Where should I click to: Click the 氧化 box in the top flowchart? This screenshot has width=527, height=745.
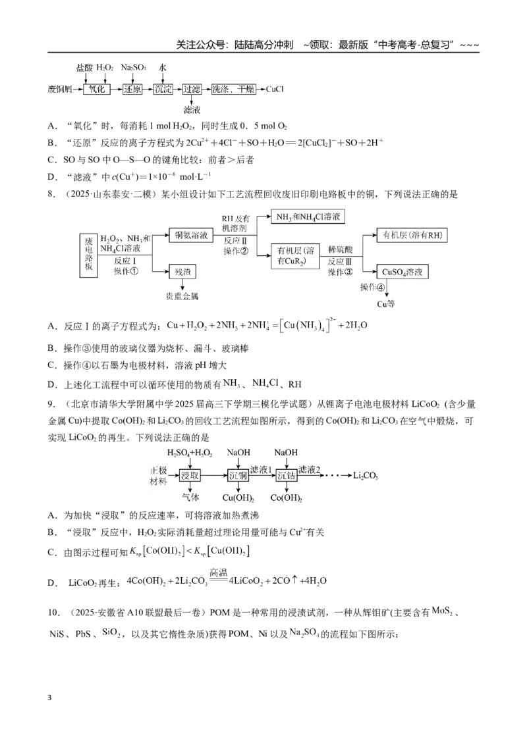(97, 89)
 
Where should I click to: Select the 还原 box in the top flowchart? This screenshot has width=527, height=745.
(132, 89)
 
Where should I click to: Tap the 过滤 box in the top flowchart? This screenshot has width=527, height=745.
(192, 89)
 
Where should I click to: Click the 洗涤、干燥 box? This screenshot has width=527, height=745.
(234, 89)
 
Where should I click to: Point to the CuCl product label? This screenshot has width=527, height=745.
(275, 89)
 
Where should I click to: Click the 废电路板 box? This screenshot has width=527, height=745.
(89, 255)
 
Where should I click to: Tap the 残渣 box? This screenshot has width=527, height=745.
(182, 272)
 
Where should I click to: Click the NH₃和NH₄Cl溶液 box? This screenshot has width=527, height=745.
(308, 217)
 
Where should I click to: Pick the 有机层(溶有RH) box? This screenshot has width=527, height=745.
(412, 235)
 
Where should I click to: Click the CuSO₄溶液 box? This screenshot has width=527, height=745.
(402, 272)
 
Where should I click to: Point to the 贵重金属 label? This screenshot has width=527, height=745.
(182, 296)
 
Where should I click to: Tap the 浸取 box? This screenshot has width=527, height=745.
(190, 475)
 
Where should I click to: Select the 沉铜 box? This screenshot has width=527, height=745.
(238, 475)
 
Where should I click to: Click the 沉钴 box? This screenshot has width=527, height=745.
(287, 475)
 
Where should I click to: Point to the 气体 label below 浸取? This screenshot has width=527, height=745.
(190, 497)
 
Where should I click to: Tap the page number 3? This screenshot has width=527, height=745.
(49, 698)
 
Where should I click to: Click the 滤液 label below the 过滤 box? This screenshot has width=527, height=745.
(192, 110)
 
